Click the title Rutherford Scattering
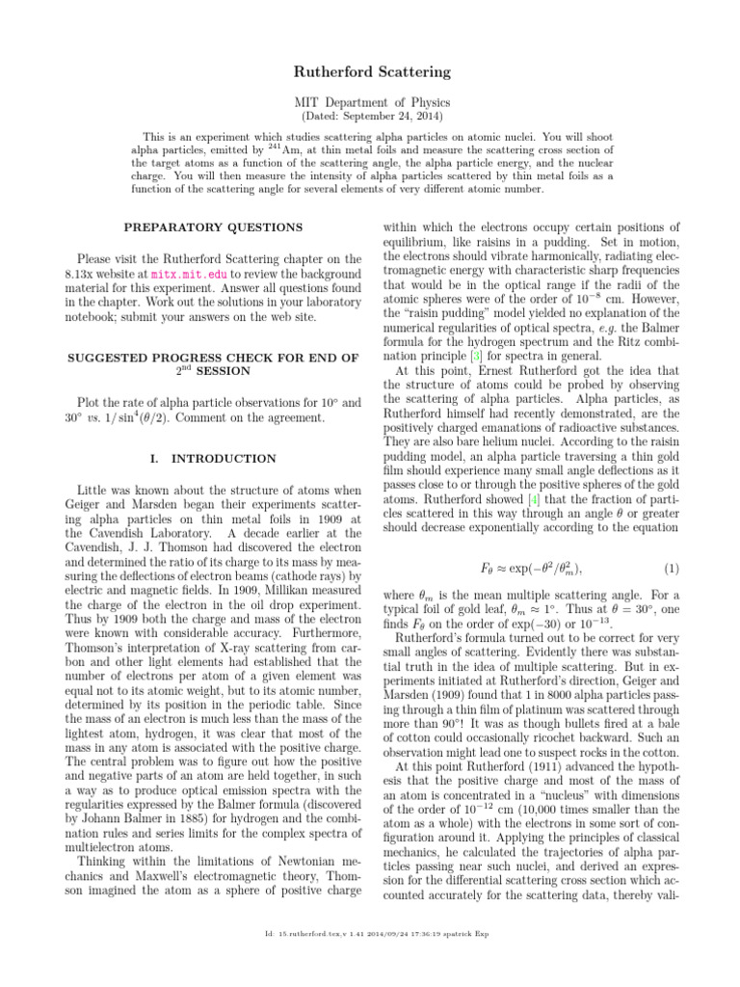(x=370, y=71)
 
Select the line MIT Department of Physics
(x=370, y=101)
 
